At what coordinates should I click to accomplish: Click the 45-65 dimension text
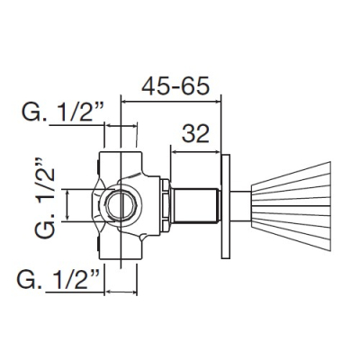pyautogui.click(x=175, y=86)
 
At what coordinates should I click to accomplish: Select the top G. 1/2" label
pyautogui.click(x=63, y=112)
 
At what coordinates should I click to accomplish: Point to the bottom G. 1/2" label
pyautogui.click(x=58, y=279)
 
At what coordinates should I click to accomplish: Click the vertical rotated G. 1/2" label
pyautogui.click(x=45, y=198)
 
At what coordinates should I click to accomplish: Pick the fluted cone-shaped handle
pyautogui.click(x=291, y=206)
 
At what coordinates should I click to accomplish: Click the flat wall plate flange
pyautogui.click(x=226, y=206)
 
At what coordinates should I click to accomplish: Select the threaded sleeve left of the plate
pyautogui.click(x=195, y=206)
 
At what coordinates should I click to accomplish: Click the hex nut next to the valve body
pyautogui.click(x=165, y=206)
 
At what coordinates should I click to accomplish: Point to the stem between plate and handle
pyautogui.click(x=240, y=206)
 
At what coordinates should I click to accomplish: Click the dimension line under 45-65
pyautogui.click(x=171, y=101)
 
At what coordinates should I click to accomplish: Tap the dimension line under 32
pyautogui.click(x=195, y=152)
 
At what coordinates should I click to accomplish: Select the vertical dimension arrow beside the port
pyautogui.click(x=67, y=205)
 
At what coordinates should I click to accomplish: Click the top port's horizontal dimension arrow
pyautogui.click(x=121, y=126)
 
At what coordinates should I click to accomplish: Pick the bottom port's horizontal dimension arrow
pyautogui.click(x=121, y=292)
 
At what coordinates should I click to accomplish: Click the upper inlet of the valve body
pyautogui.click(x=121, y=164)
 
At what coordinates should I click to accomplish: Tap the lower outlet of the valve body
pyautogui.click(x=121, y=248)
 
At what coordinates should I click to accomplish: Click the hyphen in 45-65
pyautogui.click(x=175, y=89)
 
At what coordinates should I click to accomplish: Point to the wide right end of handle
pyautogui.click(x=330, y=206)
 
